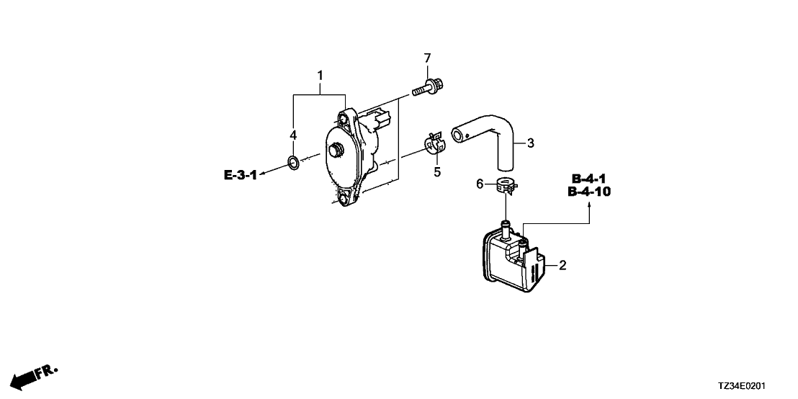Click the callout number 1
click(x=320, y=76)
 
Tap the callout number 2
click(x=562, y=265)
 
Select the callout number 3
click(x=530, y=143)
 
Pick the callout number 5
click(x=436, y=172)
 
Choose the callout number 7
click(x=428, y=58)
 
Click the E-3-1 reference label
click(x=240, y=176)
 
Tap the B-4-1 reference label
click(x=589, y=179)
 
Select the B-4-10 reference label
click(x=589, y=192)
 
